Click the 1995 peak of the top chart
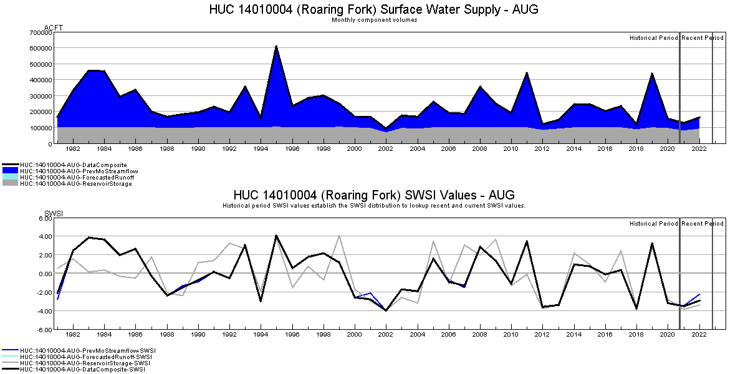pyautogui.click(x=276, y=46)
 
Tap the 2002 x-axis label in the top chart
pyautogui.click(x=386, y=149)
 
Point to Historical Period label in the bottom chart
pyautogui.click(x=653, y=224)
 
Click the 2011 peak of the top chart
pyautogui.click(x=527, y=73)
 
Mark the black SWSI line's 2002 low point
pyautogui.click(x=386, y=310)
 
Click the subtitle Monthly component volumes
pyautogui.click(x=374, y=20)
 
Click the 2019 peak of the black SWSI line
pyautogui.click(x=652, y=244)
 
